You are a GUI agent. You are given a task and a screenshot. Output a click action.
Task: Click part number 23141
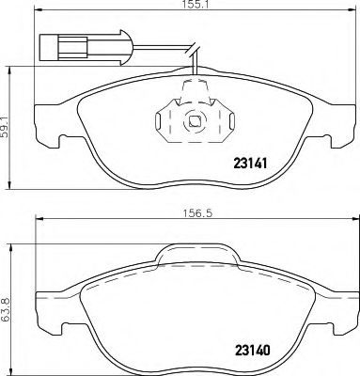[x=249, y=163]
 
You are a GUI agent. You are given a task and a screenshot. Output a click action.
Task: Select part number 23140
[x=249, y=354]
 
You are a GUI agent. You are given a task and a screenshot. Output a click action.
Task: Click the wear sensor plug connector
[x=58, y=42]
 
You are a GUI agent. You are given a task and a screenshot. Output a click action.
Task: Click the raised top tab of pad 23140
[x=195, y=251]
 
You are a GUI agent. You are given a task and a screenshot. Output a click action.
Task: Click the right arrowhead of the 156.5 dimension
[x=349, y=221]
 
